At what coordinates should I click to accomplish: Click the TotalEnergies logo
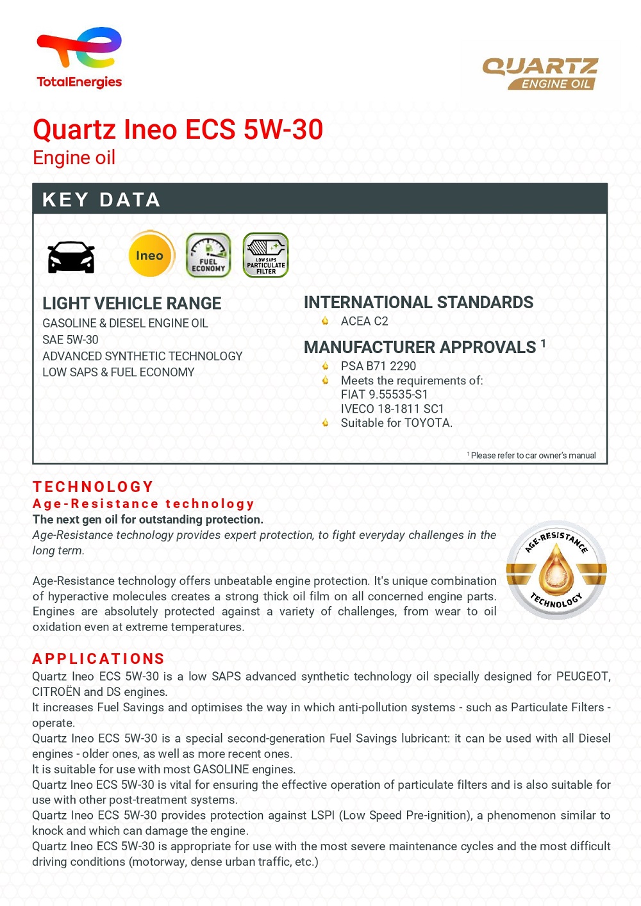(79, 57)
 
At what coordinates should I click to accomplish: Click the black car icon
(71, 257)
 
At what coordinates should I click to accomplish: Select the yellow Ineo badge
(151, 254)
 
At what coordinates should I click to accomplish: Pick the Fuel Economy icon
(208, 255)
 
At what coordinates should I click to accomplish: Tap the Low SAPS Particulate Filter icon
(265, 255)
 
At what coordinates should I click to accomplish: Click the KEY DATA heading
(101, 200)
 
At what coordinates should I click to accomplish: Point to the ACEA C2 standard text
(364, 321)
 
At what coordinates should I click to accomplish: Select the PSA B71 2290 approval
(378, 366)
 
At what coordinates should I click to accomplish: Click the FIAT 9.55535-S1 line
(384, 394)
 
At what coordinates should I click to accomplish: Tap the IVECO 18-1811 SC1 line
(392, 409)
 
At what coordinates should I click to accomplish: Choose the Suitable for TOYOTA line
(396, 423)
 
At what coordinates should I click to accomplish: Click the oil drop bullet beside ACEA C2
(325, 321)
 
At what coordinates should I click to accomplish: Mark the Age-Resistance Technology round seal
(556, 570)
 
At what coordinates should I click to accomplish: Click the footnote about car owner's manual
(532, 456)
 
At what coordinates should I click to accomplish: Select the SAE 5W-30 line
(71, 340)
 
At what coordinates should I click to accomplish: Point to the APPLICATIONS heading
(99, 659)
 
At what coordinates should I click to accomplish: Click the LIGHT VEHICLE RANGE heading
(131, 303)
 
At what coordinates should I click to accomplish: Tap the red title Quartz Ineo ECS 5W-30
(178, 129)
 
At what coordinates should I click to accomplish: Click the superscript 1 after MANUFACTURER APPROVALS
(543, 343)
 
